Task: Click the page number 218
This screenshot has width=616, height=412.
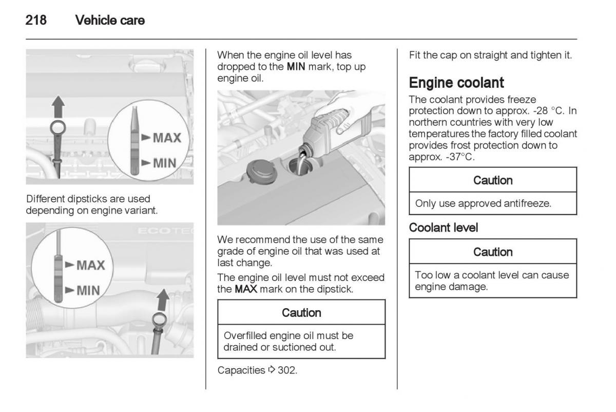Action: [35, 21]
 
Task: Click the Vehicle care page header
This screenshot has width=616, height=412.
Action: [109, 21]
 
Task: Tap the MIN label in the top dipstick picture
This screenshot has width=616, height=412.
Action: [163, 163]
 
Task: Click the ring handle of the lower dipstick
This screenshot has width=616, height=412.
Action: [159, 323]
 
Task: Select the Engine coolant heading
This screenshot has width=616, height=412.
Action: [457, 83]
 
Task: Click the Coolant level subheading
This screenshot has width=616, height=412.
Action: [443, 228]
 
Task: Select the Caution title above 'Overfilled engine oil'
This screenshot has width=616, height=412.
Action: [302, 312]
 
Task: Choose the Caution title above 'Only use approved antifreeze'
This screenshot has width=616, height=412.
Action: [493, 180]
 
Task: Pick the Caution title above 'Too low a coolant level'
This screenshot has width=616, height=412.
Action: [493, 252]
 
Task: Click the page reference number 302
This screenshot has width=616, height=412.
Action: [287, 370]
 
